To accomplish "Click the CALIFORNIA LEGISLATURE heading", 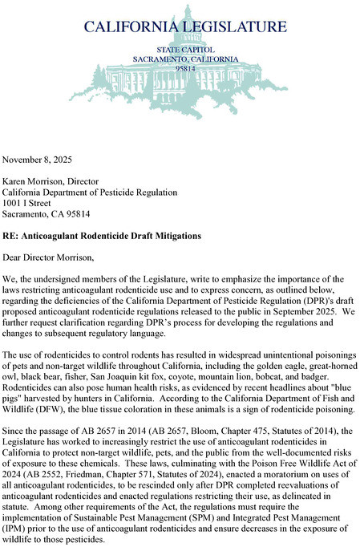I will (x=185, y=26).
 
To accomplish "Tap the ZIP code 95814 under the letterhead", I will (x=185, y=69).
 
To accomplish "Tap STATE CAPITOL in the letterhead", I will (x=185, y=50).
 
